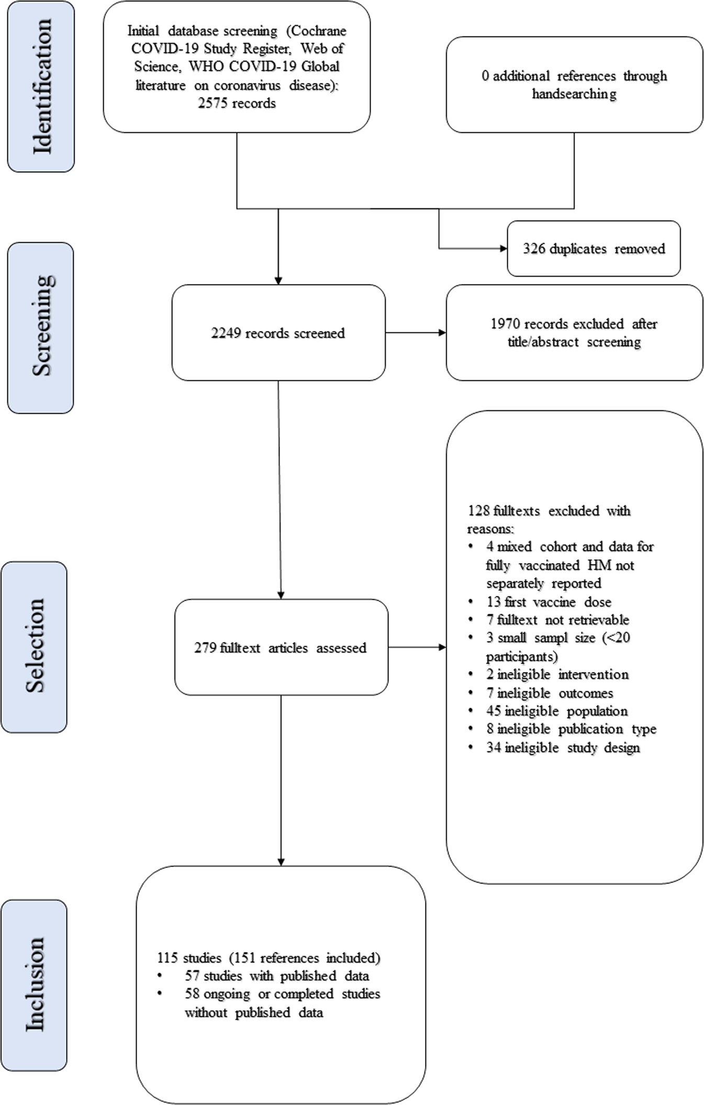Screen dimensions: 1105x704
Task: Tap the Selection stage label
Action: coord(34,647)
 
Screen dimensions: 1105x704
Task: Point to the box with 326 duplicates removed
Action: coord(594,249)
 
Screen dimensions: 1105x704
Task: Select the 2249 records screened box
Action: coord(278,333)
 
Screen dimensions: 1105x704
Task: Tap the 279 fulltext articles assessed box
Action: coord(281,647)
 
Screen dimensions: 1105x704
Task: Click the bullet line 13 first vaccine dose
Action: coord(548,602)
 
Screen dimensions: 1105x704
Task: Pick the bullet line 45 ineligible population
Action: coord(556,711)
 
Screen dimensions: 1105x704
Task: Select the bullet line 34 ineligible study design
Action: coord(563,747)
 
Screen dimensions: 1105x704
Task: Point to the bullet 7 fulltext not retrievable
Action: coord(557,620)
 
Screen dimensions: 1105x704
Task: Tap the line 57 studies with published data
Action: coord(276,976)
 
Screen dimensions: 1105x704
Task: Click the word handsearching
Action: coord(574,94)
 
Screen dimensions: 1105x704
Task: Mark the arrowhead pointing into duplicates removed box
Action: coord(504,249)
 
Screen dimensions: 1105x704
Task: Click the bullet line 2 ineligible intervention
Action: coord(557,674)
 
